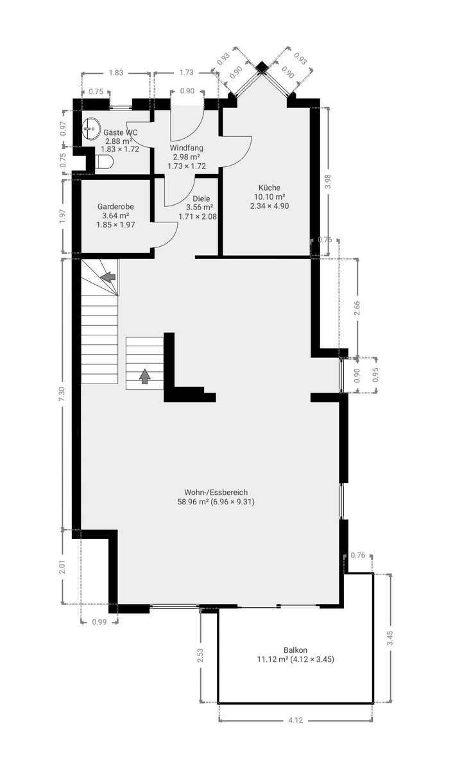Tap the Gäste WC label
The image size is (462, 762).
tap(121, 132)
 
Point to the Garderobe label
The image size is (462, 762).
tap(116, 207)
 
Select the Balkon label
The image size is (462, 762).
tap(295, 650)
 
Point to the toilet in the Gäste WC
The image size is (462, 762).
tap(105, 162)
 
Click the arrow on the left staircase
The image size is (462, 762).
tap(108, 277)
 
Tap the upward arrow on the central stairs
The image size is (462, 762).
tap(145, 376)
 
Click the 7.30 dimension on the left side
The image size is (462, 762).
tap(62, 394)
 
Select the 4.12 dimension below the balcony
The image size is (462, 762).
tap(295, 720)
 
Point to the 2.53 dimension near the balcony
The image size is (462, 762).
tap(201, 655)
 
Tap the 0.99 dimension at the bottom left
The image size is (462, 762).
tap(99, 621)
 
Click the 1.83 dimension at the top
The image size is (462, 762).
tap(116, 73)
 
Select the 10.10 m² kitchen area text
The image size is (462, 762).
tap(269, 197)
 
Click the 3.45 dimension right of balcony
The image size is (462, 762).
tap(389, 637)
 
